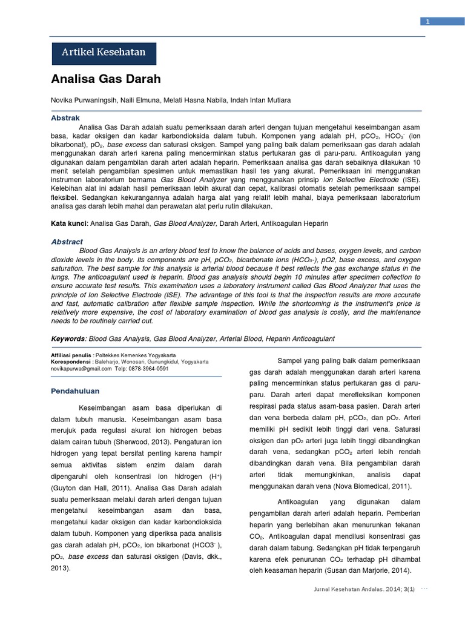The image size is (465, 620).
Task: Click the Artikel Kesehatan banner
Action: [x=104, y=52]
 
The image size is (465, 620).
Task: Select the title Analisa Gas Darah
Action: [x=105, y=79]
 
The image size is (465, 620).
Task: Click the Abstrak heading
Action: [x=65, y=117]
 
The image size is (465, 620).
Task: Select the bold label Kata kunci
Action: [x=69, y=223]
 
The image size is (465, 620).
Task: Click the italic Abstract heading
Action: [x=67, y=242]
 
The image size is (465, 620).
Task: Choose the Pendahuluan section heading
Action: [x=75, y=391]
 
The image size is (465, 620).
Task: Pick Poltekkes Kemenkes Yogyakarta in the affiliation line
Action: [x=144, y=355]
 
